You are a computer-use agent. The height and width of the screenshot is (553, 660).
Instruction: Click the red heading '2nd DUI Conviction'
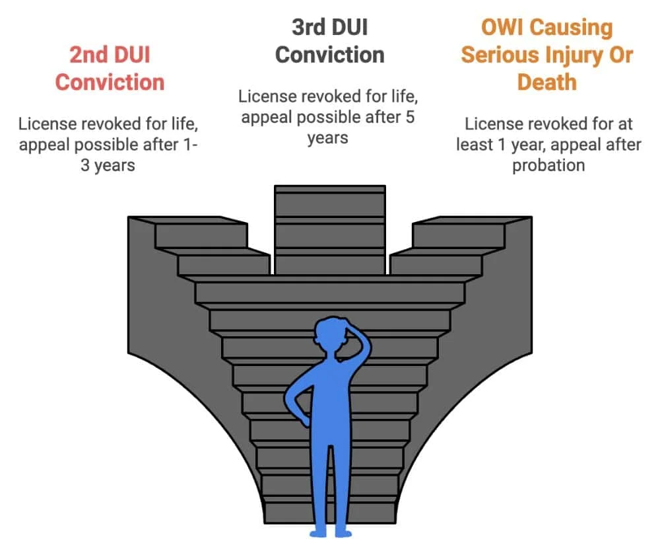[x=110, y=68]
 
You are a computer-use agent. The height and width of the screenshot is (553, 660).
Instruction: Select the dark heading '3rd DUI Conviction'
[x=329, y=41]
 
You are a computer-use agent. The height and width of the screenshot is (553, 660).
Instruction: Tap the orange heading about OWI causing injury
[x=546, y=55]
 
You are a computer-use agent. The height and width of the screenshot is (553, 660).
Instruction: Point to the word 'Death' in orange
[x=546, y=82]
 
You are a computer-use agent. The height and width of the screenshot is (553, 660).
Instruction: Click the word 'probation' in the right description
[x=548, y=165]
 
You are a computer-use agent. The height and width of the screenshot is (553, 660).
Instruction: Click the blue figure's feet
[x=330, y=530]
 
